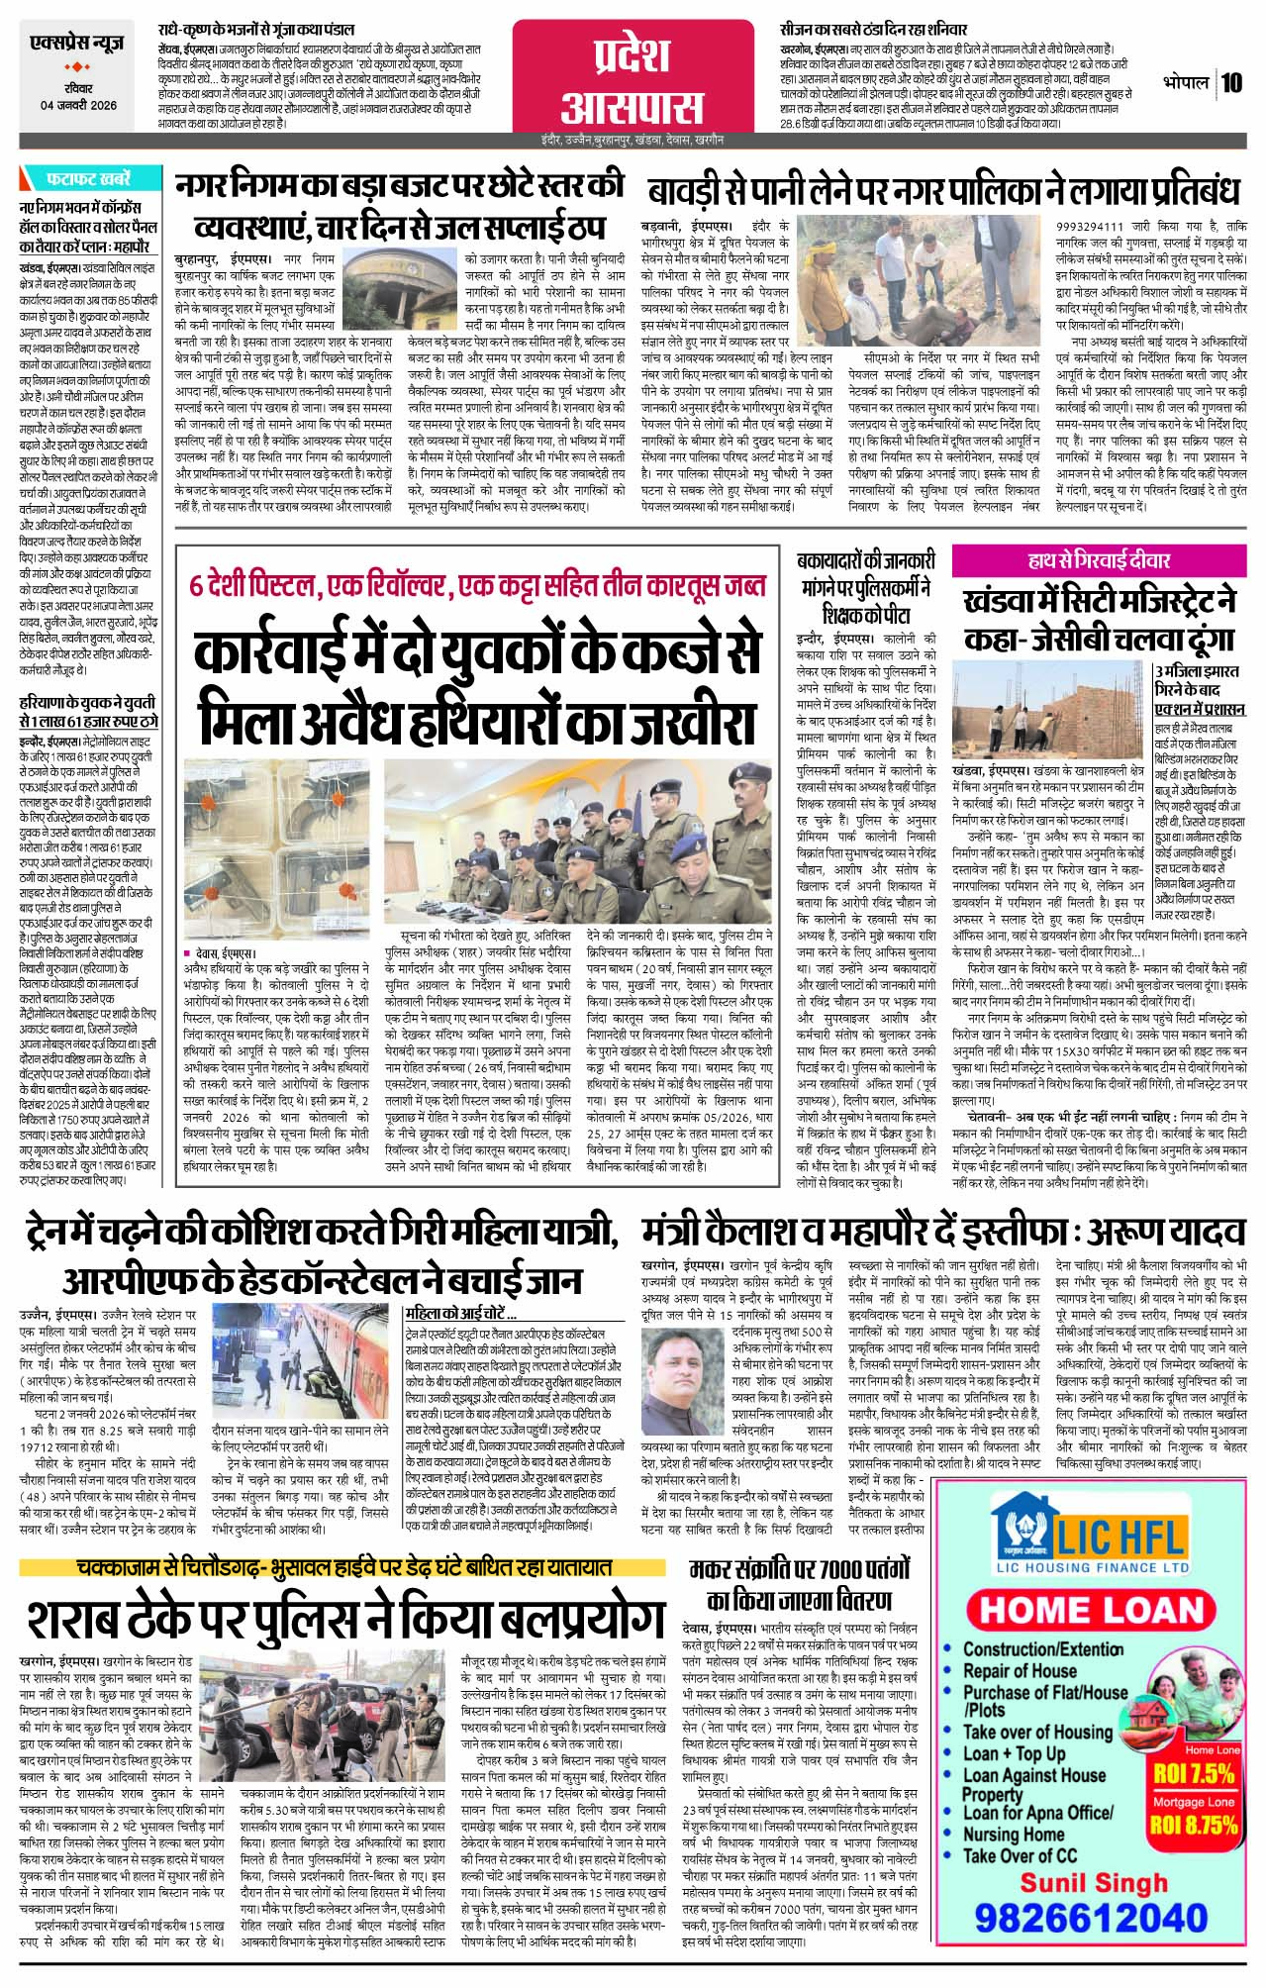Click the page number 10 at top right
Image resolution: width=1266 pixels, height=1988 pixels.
tap(1232, 83)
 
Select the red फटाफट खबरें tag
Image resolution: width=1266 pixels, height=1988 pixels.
tap(88, 180)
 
